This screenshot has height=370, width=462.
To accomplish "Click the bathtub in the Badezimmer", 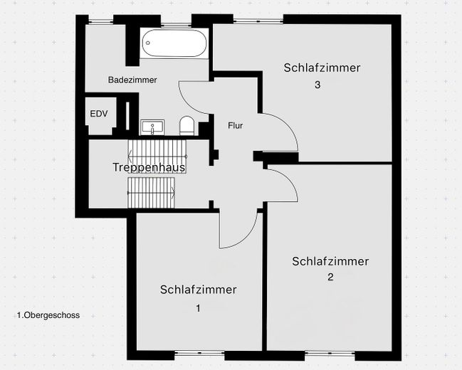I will pos(174,44).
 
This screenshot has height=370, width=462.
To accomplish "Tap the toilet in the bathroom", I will pos(187,126).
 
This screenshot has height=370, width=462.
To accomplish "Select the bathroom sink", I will pos(152,127).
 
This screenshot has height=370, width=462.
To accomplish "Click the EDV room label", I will pos(97,114).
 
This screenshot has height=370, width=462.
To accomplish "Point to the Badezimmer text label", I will pos(132,80).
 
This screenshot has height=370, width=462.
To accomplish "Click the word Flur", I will pos(236,125).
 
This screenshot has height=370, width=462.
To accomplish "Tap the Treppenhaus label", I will pos(149,168).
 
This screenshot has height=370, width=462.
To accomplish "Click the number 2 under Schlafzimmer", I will pos(330,277).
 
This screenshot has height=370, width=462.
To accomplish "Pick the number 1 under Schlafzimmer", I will pos(198,308).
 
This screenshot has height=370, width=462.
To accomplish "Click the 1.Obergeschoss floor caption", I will pos(48,314).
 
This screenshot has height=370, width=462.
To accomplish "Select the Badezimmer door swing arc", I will pos(194,100).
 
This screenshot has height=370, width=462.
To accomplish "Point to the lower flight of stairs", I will pos(152,191).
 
